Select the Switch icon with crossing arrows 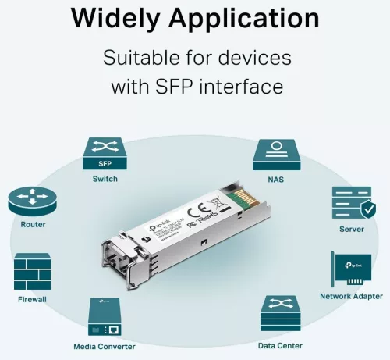pyautogui.click(x=104, y=154)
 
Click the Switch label pyautogui.click(x=104, y=180)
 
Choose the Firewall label pyautogui.click(x=32, y=300)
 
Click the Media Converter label pyautogui.click(x=104, y=346)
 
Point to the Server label pyautogui.click(x=352, y=230)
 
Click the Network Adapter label pyautogui.click(x=351, y=296)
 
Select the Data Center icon pyautogui.click(x=280, y=315)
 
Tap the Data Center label pyautogui.click(x=280, y=345)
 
